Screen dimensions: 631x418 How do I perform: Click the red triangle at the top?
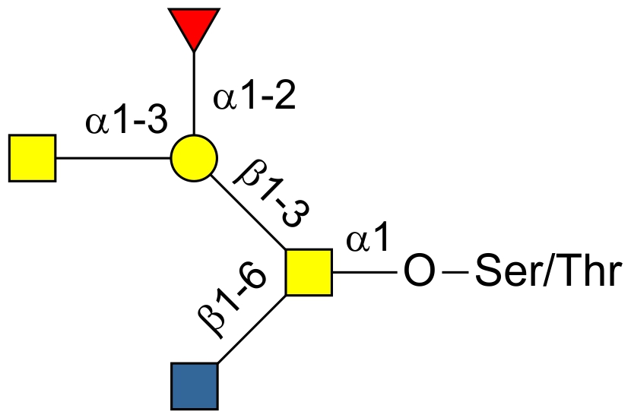pos(194,25)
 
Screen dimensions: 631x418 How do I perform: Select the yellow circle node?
pos(194,158)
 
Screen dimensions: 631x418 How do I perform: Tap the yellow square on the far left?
pos(32,158)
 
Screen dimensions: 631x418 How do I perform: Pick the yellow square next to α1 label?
pos(309,272)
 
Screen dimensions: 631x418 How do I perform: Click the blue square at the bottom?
pos(195,386)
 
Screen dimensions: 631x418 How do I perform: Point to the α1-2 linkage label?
pos(255,96)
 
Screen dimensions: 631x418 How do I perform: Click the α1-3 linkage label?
pos(126,119)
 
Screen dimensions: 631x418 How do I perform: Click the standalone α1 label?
pos(368,236)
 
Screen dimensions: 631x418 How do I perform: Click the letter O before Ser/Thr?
pos(420,271)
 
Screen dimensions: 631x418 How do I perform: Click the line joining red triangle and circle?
pos(194,93)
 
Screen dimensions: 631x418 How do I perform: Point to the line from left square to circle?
pos(113,158)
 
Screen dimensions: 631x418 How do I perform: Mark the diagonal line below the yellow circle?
pos(249,212)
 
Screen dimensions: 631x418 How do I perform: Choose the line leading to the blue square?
pos(252,329)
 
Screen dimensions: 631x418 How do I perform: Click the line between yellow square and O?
pos(365,272)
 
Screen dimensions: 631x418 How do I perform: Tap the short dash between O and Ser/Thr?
pos(455,272)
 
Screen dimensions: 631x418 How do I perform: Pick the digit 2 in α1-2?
pos(285,95)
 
